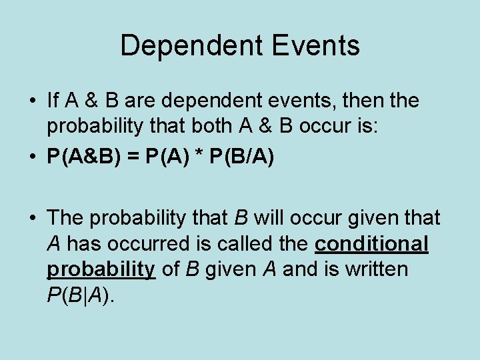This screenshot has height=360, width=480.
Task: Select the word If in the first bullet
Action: [53, 101]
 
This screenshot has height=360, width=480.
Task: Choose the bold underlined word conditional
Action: [371, 244]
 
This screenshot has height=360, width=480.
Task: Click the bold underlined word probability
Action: [101, 269]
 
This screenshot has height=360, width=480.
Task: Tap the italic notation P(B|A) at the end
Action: [81, 295]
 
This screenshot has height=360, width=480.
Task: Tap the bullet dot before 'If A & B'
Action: [33, 101]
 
